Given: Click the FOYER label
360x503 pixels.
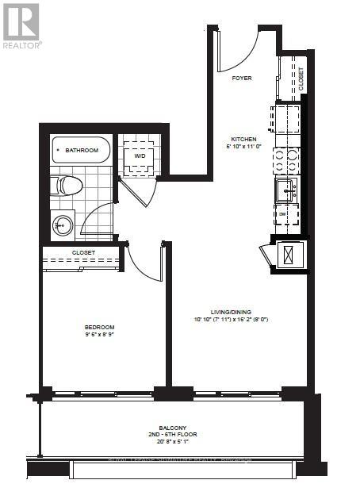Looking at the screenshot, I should pos(242,79).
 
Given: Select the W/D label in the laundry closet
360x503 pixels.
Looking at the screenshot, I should pos(140,156).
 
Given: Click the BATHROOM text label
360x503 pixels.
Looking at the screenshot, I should pos(82,150).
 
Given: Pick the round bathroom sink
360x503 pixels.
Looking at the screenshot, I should pos(63,226).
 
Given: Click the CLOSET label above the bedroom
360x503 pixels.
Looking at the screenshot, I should pos(83,253).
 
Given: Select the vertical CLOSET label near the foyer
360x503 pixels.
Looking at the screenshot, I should pos(301,77).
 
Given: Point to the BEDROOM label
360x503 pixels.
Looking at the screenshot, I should pos(100,327).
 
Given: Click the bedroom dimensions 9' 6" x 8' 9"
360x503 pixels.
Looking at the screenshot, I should pos(100,336).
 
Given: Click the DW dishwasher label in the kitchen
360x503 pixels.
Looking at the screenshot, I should pos(282,213).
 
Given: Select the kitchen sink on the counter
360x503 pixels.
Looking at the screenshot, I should pos(285,190).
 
